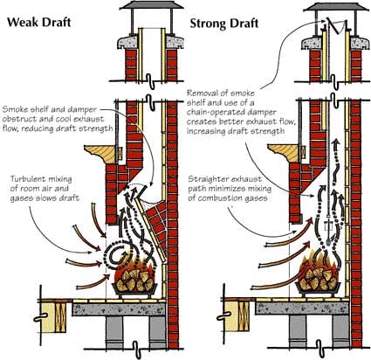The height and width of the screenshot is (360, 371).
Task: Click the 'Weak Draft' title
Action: click(x=39, y=22)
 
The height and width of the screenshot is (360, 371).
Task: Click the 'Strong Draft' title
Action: click(x=224, y=24)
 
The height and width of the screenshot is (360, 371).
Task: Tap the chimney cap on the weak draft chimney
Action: click(x=150, y=5)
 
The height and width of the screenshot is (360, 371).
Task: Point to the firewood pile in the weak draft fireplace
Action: click(x=134, y=280)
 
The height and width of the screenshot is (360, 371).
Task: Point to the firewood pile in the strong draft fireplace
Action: click(x=318, y=278)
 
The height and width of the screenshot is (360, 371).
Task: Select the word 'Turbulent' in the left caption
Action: click(x=26, y=179)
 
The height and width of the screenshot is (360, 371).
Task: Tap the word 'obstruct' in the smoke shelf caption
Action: click(x=17, y=119)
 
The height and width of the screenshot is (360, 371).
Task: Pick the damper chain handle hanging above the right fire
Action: click(x=329, y=229)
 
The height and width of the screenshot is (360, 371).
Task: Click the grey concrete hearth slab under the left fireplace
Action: click(x=119, y=309)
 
